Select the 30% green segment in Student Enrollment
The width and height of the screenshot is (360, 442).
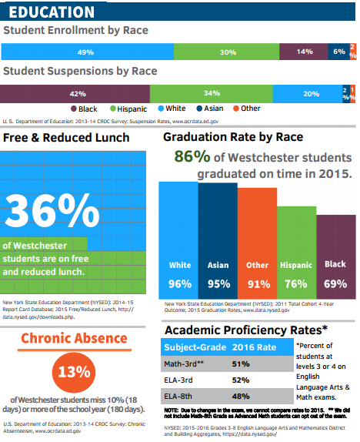(228, 52)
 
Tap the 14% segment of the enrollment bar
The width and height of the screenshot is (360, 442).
(304, 52)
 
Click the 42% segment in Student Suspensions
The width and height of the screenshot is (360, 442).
(78, 93)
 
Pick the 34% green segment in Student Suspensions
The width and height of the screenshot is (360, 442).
(212, 93)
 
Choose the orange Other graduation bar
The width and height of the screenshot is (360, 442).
(257, 246)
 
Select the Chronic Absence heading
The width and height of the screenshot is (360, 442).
(74, 338)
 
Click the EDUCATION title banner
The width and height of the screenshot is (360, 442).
(52, 12)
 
